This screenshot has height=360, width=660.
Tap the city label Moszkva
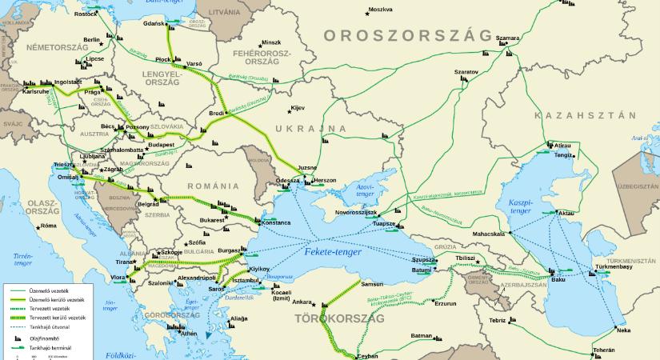click(x=380, y=10)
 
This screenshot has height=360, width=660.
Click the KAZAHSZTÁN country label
click(x=592, y=115)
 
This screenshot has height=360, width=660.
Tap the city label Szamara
click(x=507, y=38)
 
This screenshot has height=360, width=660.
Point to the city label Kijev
click(x=298, y=107)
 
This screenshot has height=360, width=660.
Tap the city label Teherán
click(x=604, y=350)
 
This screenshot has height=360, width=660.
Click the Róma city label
click(x=49, y=226)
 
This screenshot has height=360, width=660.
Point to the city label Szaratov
click(x=466, y=71)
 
